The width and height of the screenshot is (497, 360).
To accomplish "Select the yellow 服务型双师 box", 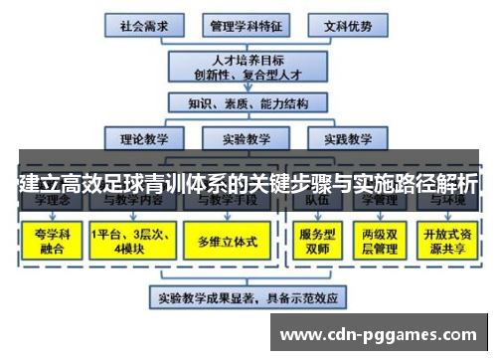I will [315, 240].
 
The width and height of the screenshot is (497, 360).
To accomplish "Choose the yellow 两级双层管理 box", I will [383, 240].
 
